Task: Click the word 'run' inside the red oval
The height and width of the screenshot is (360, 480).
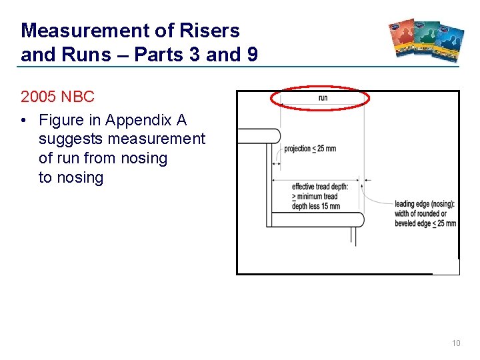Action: point(323,99)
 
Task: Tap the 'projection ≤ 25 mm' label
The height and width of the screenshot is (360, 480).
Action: point(310,148)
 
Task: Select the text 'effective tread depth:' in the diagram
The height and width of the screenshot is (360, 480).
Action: point(320,187)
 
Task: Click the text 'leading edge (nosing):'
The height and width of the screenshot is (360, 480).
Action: point(425,204)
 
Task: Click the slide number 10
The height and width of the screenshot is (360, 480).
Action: point(456,343)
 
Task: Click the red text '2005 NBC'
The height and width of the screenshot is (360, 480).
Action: point(58,97)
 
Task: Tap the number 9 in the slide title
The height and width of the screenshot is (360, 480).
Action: point(252,55)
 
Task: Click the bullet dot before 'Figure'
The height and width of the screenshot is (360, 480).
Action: point(25,121)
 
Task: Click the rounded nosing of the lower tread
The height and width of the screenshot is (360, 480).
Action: point(358,219)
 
